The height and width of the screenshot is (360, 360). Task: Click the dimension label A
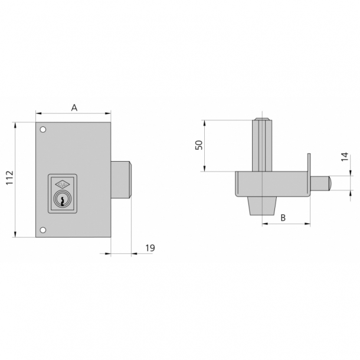point(74,107)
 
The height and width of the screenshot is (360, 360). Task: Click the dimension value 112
point(10,180)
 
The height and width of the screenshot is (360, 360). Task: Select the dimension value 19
point(150,248)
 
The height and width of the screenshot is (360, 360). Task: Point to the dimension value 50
point(199,145)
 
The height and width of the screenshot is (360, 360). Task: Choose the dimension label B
point(283,218)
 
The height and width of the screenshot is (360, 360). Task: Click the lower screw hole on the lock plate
point(43,230)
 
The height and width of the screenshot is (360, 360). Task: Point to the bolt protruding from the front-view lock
point(122,180)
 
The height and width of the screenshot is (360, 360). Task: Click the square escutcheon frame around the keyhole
point(61,193)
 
